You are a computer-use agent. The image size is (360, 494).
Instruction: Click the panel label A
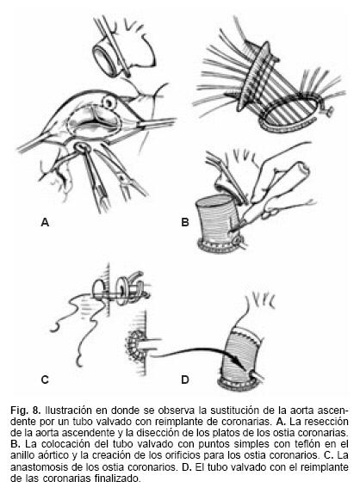tap(45, 222)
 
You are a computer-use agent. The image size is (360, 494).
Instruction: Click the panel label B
tap(185, 222)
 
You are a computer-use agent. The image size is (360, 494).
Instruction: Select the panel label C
tap(45, 380)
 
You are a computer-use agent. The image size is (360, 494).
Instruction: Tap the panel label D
tap(185, 380)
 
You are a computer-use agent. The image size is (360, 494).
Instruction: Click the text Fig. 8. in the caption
tap(25, 411)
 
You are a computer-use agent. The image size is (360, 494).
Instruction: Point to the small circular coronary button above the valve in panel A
tap(110, 102)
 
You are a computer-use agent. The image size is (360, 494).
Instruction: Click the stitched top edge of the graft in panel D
tap(247, 333)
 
